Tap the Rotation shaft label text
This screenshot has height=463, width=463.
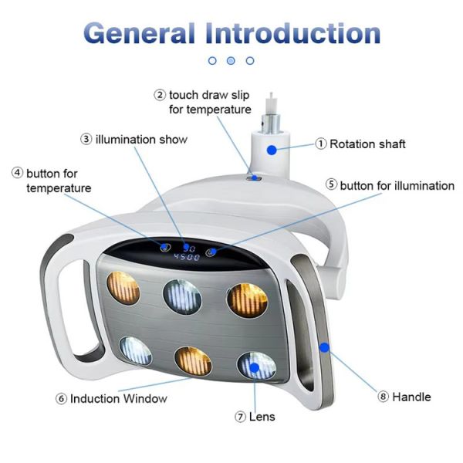click(x=367, y=144)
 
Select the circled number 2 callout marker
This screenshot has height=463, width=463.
click(x=160, y=95)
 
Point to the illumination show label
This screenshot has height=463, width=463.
click(x=141, y=140)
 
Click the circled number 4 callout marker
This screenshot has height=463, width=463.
click(x=17, y=174)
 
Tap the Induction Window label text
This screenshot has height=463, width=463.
click(x=118, y=399)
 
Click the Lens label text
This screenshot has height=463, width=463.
click(x=262, y=417)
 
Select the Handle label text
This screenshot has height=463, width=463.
click(x=411, y=397)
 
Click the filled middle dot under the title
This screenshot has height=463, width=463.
click(x=231, y=60)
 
